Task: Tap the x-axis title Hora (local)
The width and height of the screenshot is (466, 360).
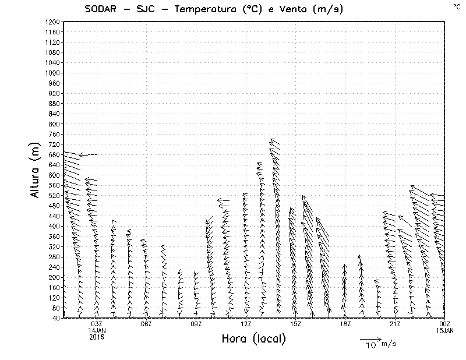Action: pyautogui.click(x=253, y=339)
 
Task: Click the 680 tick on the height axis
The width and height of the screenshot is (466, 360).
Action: pyautogui.click(x=54, y=154)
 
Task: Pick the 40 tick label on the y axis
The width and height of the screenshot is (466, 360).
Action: pyautogui.click(x=56, y=318)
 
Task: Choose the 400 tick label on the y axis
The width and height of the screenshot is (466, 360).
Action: pyautogui.click(x=54, y=226)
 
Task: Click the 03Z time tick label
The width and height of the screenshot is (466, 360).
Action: pyautogui.click(x=97, y=324)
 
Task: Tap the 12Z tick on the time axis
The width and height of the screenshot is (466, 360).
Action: pyautogui.click(x=246, y=324)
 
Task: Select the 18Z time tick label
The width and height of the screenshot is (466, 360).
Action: pyautogui.click(x=345, y=324)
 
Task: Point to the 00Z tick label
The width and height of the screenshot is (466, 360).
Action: pyautogui.click(x=445, y=324)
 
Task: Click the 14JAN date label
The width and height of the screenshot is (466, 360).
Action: pyautogui.click(x=97, y=330)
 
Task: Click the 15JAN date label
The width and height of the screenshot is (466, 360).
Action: pyautogui.click(x=445, y=330)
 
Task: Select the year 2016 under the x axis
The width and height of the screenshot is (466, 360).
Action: pyautogui.click(x=97, y=337)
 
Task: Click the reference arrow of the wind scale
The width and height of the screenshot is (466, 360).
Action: pyautogui.click(x=370, y=338)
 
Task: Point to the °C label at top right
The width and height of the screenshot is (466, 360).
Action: pyautogui.click(x=456, y=6)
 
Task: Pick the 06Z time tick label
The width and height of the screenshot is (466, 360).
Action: pyautogui.click(x=146, y=324)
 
